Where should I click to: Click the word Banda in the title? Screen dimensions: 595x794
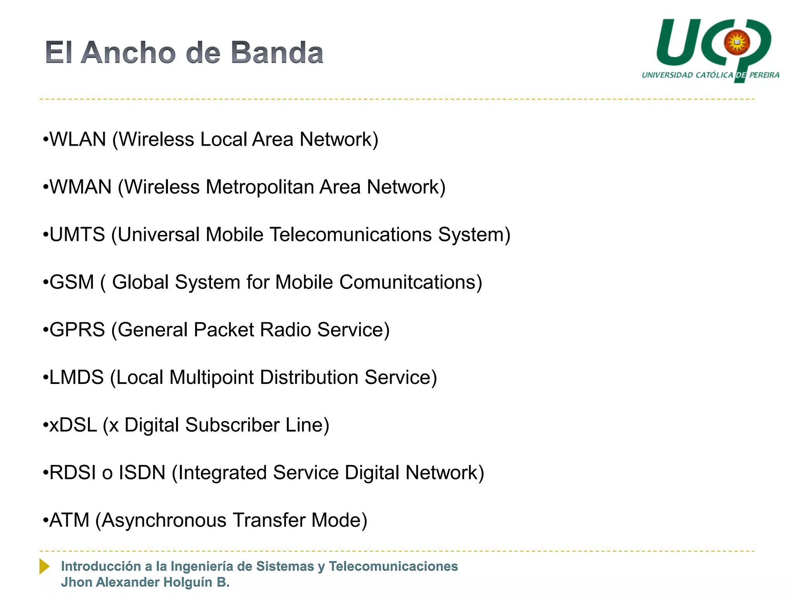tap(277, 53)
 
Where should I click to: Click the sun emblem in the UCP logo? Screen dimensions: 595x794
tap(737, 42)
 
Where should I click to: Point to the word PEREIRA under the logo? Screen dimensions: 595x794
tap(764, 75)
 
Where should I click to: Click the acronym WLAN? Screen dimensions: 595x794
tap(78, 139)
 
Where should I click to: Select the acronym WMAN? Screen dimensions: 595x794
tap(81, 187)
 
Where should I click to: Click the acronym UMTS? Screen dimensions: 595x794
tap(77, 235)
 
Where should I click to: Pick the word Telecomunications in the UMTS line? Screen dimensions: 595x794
tap(350, 235)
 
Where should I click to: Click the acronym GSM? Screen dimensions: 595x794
tap(72, 282)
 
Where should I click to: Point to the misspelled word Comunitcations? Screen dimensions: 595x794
tap(410, 282)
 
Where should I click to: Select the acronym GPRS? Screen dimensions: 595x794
tap(77, 330)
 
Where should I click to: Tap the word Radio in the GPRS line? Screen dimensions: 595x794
tap(285, 330)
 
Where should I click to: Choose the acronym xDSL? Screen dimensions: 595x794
tap(73, 425)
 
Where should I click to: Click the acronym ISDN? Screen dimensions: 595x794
tap(142, 473)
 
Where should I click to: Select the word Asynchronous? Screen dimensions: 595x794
tap(164, 520)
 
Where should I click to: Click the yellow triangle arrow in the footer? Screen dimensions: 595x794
tap(44, 566)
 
